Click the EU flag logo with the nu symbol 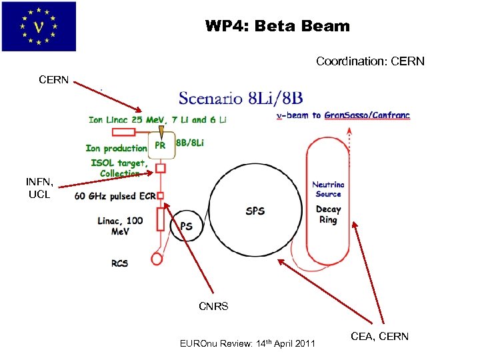(x=39, y=26)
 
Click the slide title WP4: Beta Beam (x=277, y=27)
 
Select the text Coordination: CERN (x=370, y=61)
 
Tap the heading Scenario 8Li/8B (x=241, y=99)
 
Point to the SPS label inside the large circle (x=255, y=211)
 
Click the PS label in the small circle (x=187, y=227)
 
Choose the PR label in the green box (x=160, y=144)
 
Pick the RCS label (x=121, y=263)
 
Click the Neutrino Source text (x=328, y=189)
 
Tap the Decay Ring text (x=328, y=214)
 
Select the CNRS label (x=213, y=307)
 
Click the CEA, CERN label (x=379, y=337)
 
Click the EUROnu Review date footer (x=248, y=344)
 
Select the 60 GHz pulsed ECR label (x=114, y=196)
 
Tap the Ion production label (x=116, y=148)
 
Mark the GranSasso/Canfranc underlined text (x=367, y=115)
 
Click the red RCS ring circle (x=158, y=256)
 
